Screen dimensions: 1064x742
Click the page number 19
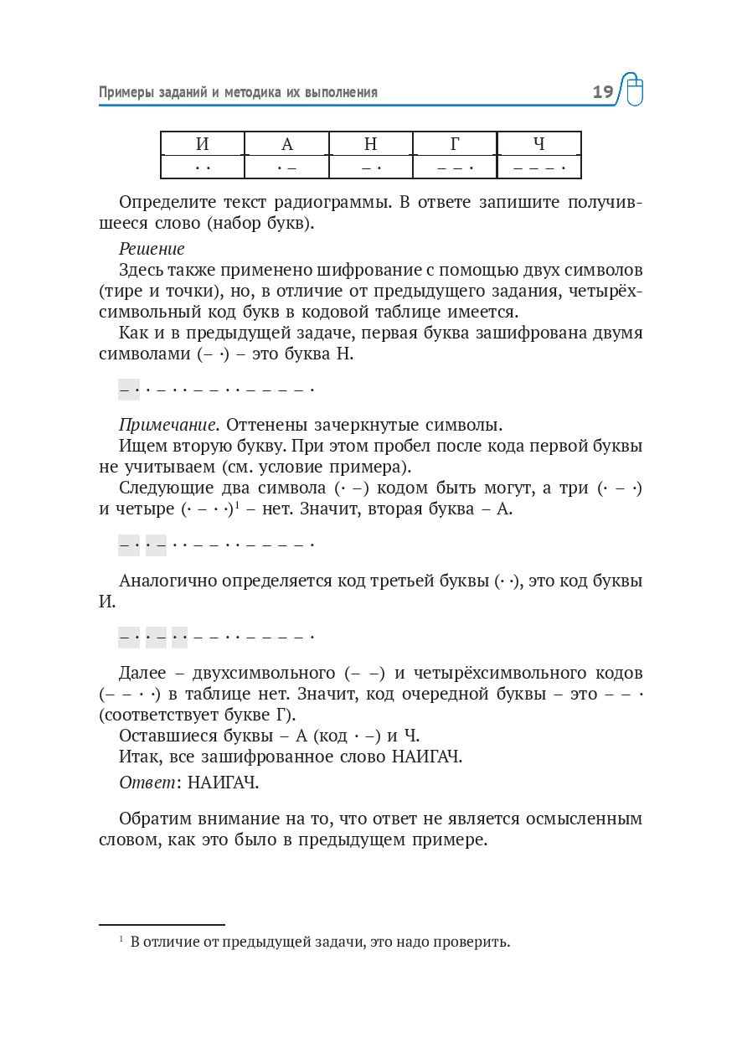pos(603,92)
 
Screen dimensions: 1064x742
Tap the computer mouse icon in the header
pos(634,90)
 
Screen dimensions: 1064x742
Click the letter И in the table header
pos(203,144)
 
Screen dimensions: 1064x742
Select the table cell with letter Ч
pos(539,144)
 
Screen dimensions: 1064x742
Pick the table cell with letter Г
pos(455,144)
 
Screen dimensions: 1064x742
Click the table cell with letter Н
pos(371,144)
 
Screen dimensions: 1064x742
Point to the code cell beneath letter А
pos(287,168)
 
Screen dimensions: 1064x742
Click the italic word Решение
pos(152,249)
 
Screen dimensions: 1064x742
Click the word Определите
pos(168,203)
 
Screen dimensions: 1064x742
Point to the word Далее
pos(144,673)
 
